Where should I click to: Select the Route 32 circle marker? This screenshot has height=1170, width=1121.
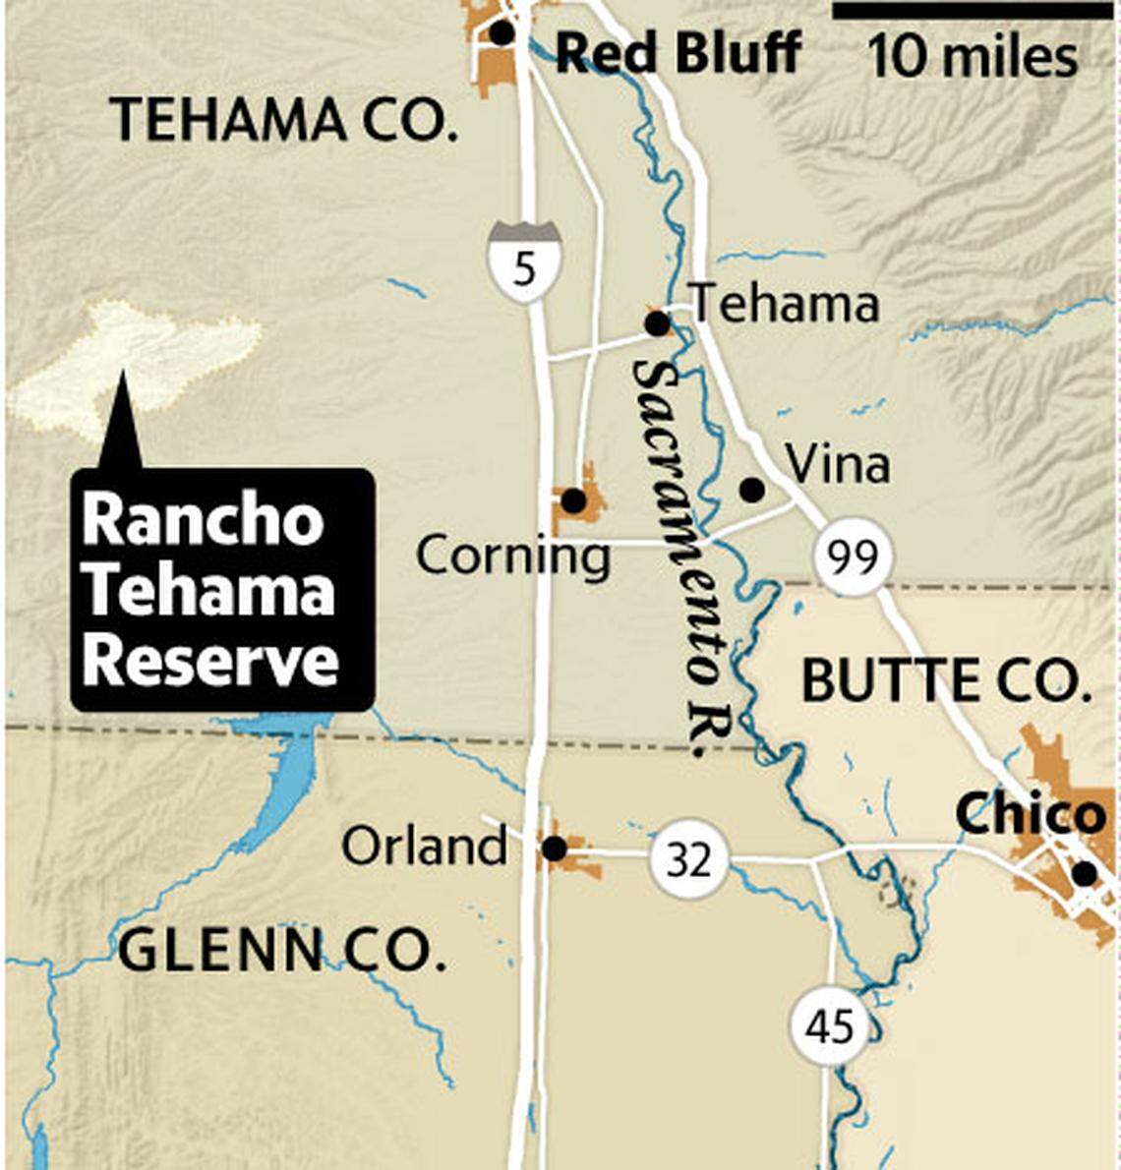tap(687, 859)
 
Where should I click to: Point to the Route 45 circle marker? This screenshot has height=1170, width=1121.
tap(829, 1026)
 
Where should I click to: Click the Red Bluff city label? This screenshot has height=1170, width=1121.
tap(678, 53)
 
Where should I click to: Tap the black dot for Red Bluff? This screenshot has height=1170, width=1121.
tap(501, 33)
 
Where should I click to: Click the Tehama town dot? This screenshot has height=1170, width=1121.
tap(656, 322)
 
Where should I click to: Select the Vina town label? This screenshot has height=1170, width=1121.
tap(838, 464)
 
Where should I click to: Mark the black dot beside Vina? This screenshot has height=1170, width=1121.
tap(751, 489)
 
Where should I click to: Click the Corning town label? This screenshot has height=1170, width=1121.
tap(512, 556)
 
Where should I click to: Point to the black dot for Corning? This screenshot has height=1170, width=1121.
tap(573, 501)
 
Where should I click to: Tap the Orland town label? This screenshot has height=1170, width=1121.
tap(424, 846)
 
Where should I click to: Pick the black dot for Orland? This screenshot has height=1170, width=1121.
tap(555, 848)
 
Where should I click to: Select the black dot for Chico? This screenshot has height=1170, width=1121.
tap(1084, 873)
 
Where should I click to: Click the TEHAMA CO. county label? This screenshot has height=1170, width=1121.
tap(284, 120)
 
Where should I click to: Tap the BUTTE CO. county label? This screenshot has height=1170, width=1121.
tap(947, 680)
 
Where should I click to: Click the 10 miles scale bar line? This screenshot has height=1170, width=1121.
tap(973, 11)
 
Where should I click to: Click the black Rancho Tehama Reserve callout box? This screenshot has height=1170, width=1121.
tap(222, 590)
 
